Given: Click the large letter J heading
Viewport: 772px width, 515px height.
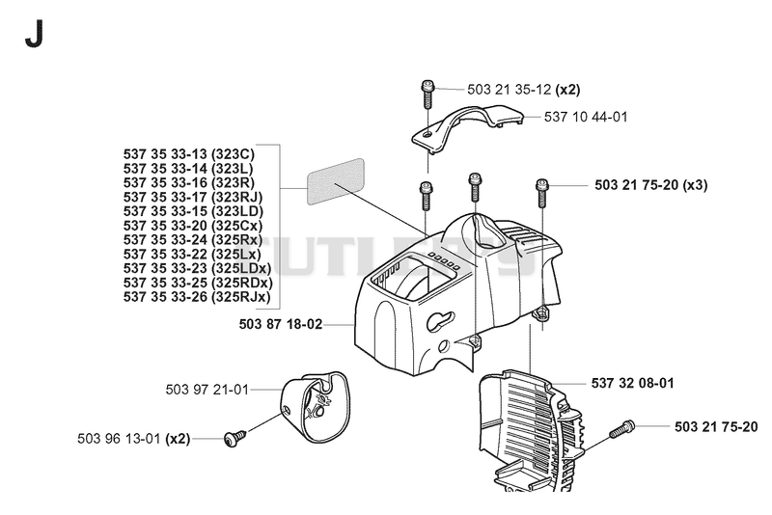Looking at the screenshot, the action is click(34, 34).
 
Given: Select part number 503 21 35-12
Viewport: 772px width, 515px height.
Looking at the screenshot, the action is click(509, 90).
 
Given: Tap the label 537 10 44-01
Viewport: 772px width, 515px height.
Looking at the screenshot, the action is click(586, 117).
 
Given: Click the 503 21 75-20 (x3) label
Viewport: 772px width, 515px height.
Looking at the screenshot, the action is click(650, 185).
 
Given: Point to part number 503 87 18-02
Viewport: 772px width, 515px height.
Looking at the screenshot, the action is click(281, 324).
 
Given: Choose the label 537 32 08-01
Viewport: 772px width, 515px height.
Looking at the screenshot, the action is click(632, 383).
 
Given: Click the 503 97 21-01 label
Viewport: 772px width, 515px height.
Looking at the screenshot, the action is click(207, 390).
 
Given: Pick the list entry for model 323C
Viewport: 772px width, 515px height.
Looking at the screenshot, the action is click(189, 154).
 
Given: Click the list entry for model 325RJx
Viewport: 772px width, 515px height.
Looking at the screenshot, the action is click(197, 297).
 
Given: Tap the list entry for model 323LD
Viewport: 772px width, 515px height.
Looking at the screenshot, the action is click(193, 211).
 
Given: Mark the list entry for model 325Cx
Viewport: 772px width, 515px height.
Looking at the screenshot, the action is click(193, 226).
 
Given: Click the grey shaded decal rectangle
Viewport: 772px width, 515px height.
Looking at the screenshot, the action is click(335, 181).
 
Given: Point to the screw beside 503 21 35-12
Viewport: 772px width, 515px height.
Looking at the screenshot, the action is click(427, 95).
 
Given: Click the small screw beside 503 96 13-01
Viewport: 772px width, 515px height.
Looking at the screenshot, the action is click(234, 437).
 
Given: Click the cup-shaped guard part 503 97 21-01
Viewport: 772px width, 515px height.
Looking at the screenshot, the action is click(316, 405).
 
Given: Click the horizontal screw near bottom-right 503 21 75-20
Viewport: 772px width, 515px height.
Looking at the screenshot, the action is click(622, 429).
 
